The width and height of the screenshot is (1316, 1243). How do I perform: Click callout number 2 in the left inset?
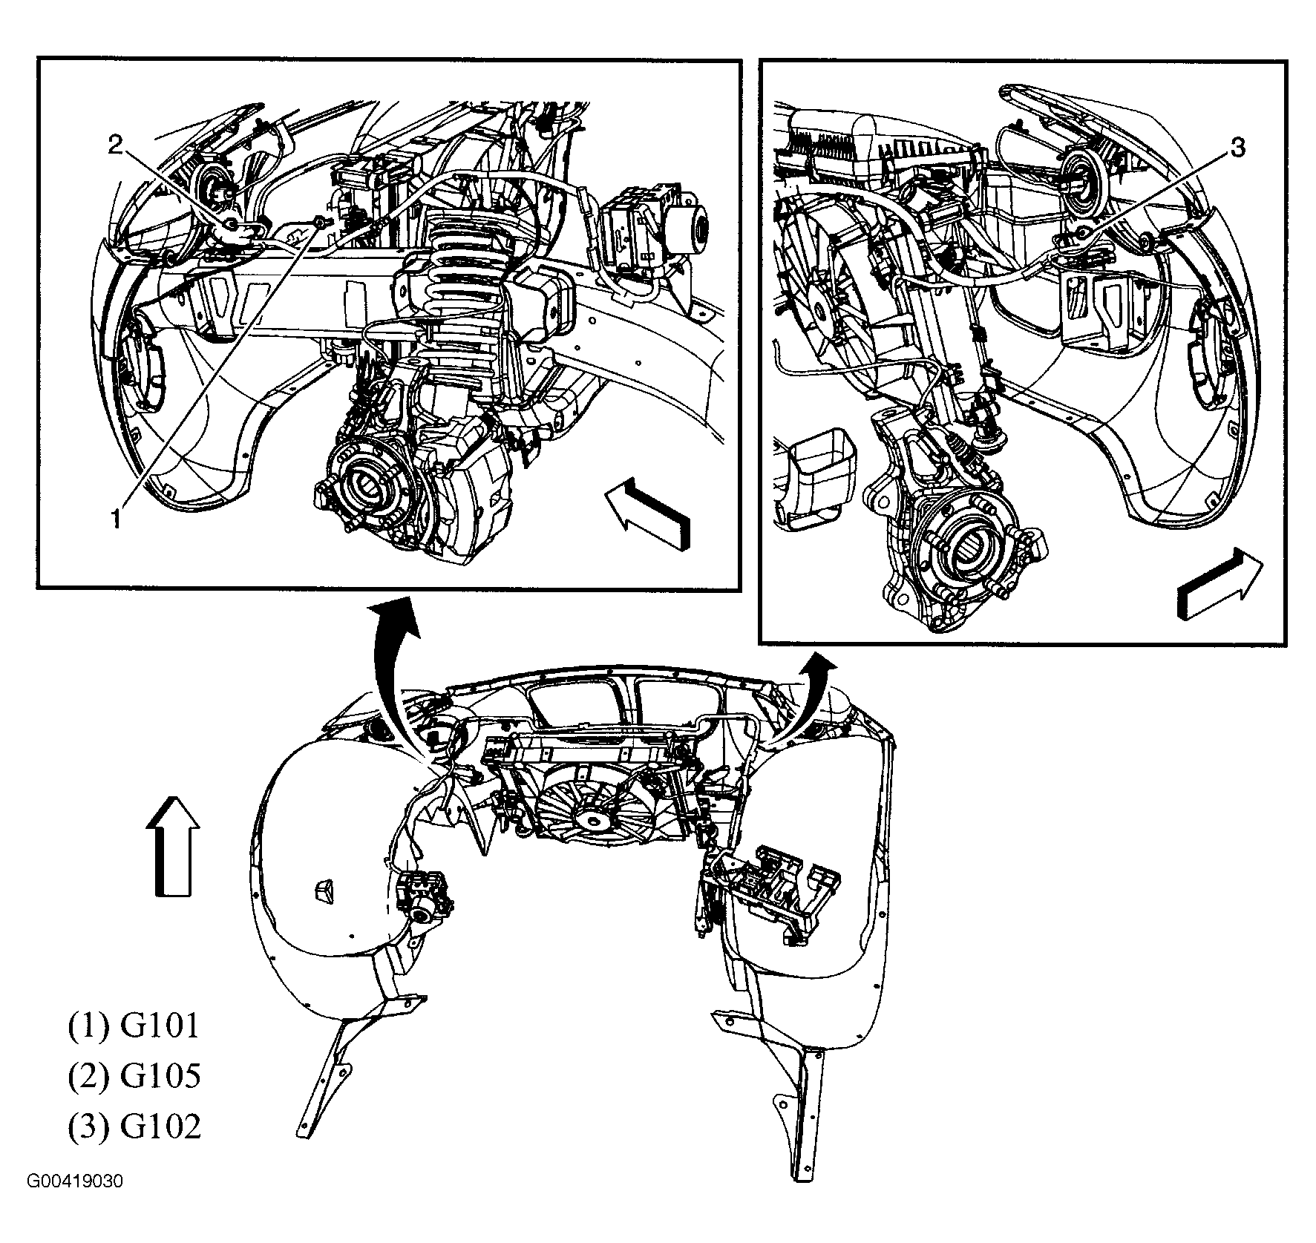114,145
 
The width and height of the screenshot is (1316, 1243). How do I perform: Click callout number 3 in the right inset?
1237,148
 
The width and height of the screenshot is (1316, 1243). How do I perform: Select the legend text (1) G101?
134,1026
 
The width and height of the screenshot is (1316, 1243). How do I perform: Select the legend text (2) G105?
134,1075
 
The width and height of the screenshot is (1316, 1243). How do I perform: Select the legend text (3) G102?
134,1126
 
